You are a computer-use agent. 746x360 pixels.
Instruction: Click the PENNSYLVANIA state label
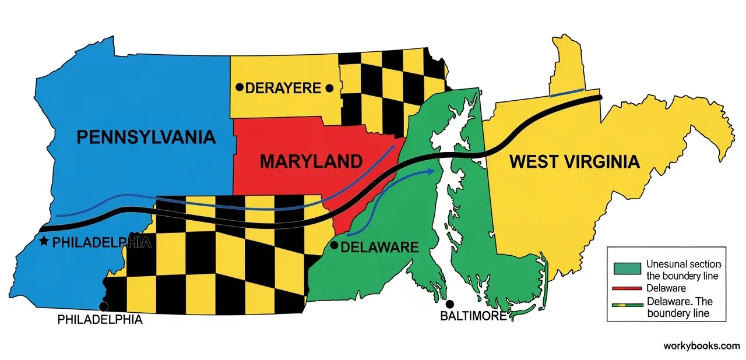pos(146,137)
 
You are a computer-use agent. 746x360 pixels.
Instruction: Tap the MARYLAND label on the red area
pos(311,161)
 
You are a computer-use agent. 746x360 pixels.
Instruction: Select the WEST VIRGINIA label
pos(574,162)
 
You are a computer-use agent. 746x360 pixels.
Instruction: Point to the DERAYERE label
pos(283,89)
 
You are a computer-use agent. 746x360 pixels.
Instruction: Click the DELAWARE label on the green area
pos(379,248)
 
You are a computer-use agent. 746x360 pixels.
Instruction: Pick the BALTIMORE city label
pos(473,316)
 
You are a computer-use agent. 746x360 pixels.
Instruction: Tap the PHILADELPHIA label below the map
pos(100,320)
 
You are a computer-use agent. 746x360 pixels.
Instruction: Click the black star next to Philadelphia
pos(43,241)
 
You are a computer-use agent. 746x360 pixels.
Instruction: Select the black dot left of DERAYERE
pos(239,88)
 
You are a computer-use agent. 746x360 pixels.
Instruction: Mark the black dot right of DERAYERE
pos(329,88)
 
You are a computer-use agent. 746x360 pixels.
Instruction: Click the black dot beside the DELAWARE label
pos(333,245)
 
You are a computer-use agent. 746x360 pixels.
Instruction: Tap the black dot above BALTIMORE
pos(450,303)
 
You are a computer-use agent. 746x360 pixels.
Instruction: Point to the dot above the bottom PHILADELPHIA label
pos(104,306)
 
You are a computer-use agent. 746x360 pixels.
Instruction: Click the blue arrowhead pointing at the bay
pos(431,171)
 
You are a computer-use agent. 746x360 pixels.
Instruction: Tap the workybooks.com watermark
pos(701,345)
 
